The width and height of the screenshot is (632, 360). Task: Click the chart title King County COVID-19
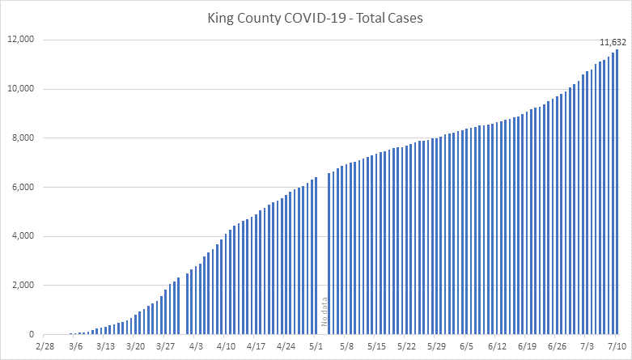coord(316,19)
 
